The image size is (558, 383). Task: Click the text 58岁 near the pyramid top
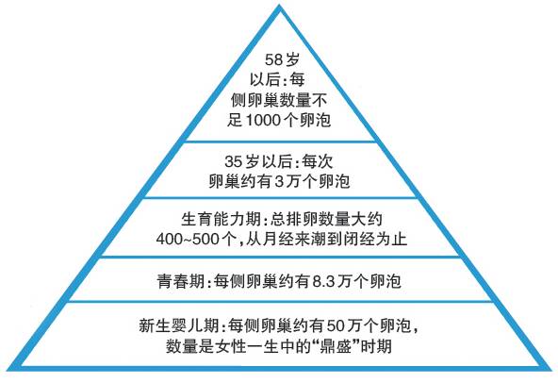pyautogui.click(x=282, y=59)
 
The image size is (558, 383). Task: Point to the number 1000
pyautogui.click(x=263, y=120)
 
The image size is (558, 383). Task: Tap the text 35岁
pyautogui.click(x=242, y=161)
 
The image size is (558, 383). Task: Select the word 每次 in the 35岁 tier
pyautogui.click(x=318, y=161)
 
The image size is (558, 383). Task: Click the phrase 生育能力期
pyautogui.click(x=221, y=219)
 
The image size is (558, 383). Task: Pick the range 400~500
pyautogui.click(x=188, y=239)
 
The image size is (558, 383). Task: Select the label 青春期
pyautogui.click(x=181, y=281)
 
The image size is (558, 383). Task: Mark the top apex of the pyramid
pyautogui.click(x=280, y=5)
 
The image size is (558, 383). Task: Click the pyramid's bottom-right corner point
pyautogui.click(x=551, y=368)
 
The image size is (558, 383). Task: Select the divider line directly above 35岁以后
pyautogui.click(x=280, y=142)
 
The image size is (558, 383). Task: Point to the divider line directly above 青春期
pyautogui.click(x=280, y=257)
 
